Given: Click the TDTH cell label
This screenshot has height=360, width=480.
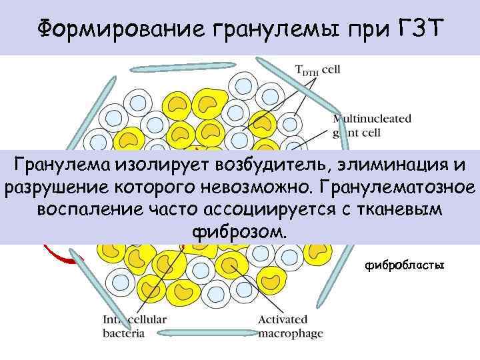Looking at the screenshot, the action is tap(319, 69).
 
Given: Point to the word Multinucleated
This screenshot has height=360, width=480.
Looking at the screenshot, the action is tap(372, 119).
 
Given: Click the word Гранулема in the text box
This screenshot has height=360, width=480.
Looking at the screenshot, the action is tap(62, 164).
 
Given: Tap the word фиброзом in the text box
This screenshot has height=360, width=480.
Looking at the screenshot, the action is tap(239, 233).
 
